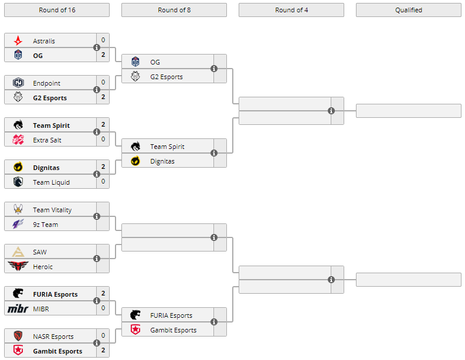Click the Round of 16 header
(57, 10)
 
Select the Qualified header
(408, 10)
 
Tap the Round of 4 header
(291, 10)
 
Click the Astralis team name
(44, 41)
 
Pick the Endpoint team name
(46, 83)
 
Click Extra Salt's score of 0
(103, 140)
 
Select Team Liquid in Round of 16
(51, 182)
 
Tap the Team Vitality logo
(18, 210)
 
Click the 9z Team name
(45, 225)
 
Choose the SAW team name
(40, 252)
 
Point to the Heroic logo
(18, 267)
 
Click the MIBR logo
(18, 308)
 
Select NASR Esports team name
(53, 337)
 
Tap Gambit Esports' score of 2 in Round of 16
(103, 351)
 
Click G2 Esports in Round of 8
(167, 77)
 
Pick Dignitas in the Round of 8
(162, 161)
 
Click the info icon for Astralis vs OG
(97, 48)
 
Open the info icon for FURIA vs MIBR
(97, 301)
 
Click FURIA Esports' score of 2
(103, 294)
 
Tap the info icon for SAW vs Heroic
(97, 259)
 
